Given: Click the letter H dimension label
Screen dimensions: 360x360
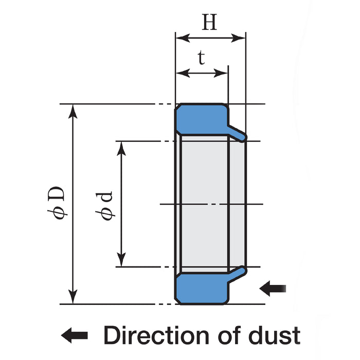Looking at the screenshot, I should coord(209,22).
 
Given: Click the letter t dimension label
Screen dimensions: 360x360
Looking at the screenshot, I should coord(201,58).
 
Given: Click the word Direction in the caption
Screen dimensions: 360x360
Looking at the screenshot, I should coord(154,335).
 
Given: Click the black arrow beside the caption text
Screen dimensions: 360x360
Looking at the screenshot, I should coord(74,336).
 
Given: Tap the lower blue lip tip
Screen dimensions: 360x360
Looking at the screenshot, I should coord(242,269).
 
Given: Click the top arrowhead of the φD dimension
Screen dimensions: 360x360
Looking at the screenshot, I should coord(74,110).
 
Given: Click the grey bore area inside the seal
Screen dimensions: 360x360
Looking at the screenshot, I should coord(203,203).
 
